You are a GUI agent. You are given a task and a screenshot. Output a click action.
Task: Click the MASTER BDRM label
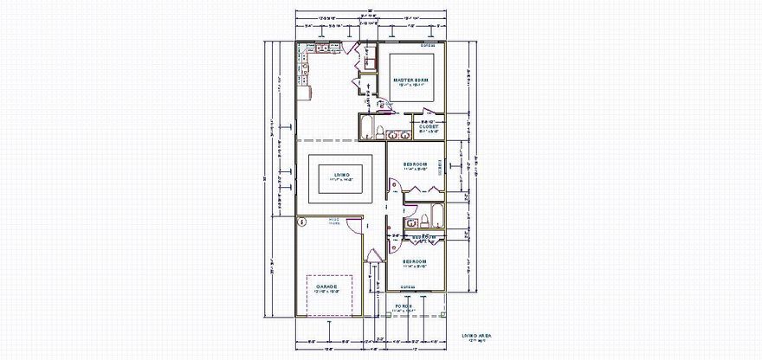(x=414, y=80)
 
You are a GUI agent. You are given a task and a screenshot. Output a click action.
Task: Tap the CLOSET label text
(x=429, y=126)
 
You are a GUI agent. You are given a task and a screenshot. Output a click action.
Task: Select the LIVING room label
(x=341, y=174)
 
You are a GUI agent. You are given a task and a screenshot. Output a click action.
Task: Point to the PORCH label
(x=404, y=306)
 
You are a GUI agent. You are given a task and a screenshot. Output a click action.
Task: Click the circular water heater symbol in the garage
(x=302, y=222)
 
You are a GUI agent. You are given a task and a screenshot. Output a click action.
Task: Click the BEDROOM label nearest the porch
(x=415, y=260)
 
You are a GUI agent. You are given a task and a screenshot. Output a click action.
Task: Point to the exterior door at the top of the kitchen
(x=351, y=48)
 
